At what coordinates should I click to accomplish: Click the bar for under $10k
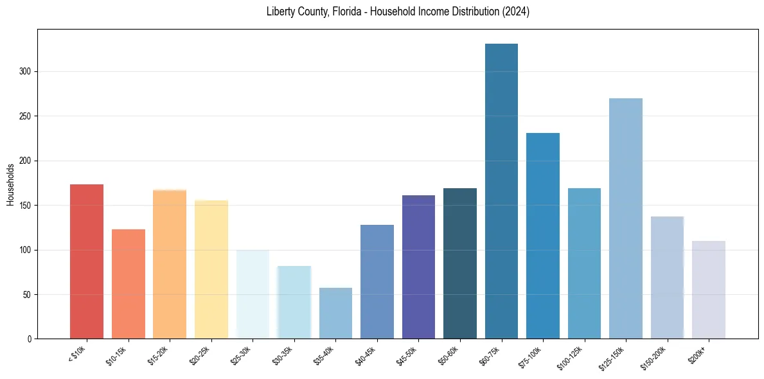pyautogui.click(x=87, y=261)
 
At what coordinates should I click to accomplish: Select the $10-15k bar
pyautogui.click(x=129, y=284)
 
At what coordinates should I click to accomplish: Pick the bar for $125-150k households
pyautogui.click(x=625, y=218)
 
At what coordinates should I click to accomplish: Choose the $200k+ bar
pyautogui.click(x=708, y=290)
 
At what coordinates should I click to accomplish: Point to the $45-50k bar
pyautogui.click(x=418, y=267)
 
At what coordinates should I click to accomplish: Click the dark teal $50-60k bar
pyautogui.click(x=460, y=263)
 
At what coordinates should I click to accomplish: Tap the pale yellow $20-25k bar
pyautogui.click(x=211, y=269)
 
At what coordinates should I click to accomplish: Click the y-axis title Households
pyautogui.click(x=10, y=184)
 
